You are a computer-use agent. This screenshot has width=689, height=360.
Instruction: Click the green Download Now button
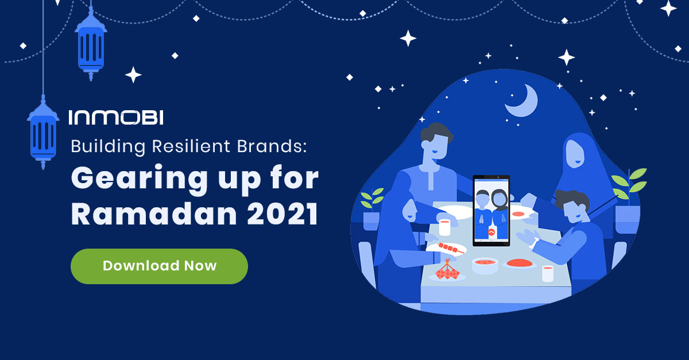coord(159,266)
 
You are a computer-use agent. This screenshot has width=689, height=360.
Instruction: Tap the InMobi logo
coord(116,117)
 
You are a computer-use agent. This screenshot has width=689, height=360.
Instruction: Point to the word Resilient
coord(191,146)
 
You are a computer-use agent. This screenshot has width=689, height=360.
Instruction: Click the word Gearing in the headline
coord(140,179)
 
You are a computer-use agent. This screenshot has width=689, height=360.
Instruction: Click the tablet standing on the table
coord(491,211)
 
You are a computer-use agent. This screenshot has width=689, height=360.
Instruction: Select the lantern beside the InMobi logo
coord(43,132)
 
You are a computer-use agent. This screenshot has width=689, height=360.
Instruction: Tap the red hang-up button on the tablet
coord(491,233)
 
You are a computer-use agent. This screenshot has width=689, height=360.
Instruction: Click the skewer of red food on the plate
coord(451,247)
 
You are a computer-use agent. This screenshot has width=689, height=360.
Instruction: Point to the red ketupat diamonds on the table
coord(447,271)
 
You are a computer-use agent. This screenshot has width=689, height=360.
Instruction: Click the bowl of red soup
coord(485,265)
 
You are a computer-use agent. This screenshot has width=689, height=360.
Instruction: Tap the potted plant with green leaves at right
coord(628,200)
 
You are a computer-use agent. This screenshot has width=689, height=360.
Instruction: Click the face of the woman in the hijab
coord(575,154)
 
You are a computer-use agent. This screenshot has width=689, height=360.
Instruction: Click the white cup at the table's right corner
coord(548,273)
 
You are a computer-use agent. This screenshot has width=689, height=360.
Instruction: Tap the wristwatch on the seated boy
coord(533,243)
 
